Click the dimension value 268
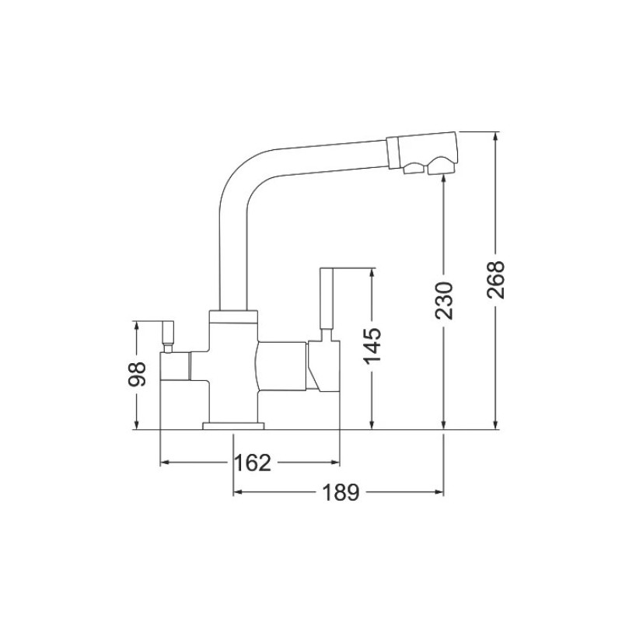click(495, 280)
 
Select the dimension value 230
click(443, 301)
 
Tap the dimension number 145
click(372, 346)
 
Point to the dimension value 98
click(137, 374)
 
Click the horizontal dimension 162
click(253, 463)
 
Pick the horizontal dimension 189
click(341, 493)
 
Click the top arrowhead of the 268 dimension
click(495, 137)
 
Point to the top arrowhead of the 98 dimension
click(137, 327)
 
